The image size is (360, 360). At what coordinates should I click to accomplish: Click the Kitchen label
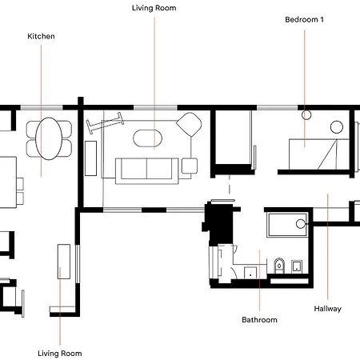pos(41,36)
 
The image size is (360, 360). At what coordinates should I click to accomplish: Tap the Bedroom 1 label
pos(304,19)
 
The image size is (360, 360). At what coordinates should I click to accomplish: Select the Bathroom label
pos(259,319)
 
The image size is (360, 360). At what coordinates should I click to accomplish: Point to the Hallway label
pos(327,309)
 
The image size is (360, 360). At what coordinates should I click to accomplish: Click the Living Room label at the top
pos(154,8)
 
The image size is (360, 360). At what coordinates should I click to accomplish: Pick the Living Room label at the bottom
pos(60,354)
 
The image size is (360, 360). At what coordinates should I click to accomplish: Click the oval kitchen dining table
pos(49,138)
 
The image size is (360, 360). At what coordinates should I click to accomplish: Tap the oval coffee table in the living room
pos(147,138)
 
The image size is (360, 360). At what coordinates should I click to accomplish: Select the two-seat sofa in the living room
pos(147,171)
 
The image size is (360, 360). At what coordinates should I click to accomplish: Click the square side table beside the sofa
pos(190,166)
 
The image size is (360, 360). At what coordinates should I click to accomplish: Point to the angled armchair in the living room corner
pos(189,125)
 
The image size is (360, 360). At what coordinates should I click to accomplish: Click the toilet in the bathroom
pos(279,266)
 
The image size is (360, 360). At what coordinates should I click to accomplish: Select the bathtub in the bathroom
pos(287,225)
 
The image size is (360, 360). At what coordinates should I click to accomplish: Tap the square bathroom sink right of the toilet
pos(297,266)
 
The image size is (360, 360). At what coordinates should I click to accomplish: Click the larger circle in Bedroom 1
pos(337,127)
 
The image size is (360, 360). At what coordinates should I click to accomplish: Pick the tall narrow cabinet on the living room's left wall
pos(90,158)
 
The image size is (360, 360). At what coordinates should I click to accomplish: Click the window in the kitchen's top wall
pos(42,108)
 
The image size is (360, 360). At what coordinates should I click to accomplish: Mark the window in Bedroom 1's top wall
pos(278,108)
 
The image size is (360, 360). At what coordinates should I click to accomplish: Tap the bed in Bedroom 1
pos(319,154)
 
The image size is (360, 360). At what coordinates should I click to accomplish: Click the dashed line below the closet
pos(230,184)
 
